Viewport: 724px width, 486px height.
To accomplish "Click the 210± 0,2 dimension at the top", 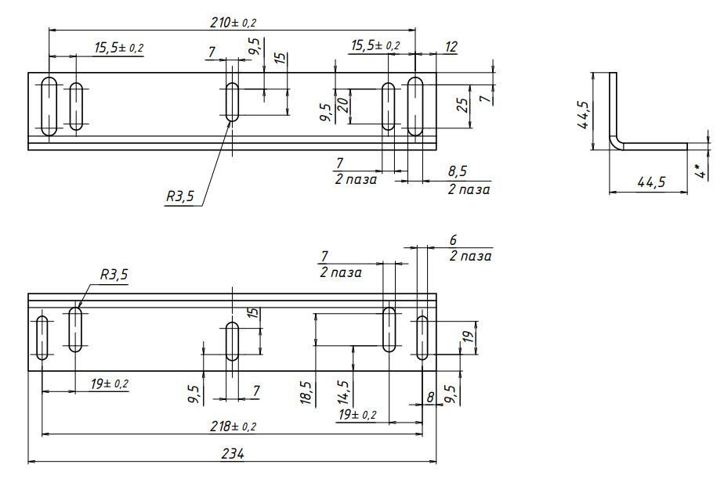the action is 233,22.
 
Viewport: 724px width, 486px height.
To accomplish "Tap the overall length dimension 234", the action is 232,454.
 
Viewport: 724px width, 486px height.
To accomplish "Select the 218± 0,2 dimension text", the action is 233,427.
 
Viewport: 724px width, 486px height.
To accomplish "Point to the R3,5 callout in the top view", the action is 180,197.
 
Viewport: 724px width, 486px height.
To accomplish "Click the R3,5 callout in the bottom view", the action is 114,275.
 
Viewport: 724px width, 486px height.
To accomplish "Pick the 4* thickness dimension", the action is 701,171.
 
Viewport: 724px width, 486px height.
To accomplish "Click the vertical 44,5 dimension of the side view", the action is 584,115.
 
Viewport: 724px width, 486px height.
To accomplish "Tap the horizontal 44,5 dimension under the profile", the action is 651,182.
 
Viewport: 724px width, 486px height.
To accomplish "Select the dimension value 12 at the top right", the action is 451,47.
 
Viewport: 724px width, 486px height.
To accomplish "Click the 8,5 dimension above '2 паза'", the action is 458,171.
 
